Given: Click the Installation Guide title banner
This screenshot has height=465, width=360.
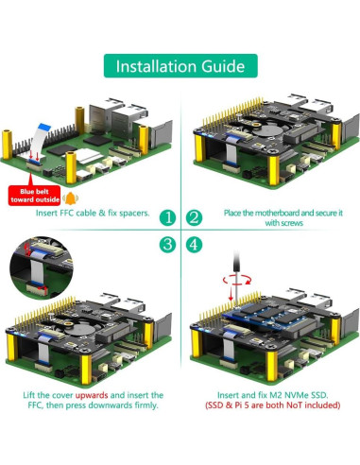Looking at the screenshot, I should point(180,67).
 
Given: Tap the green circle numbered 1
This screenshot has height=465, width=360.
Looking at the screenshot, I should point(166,217).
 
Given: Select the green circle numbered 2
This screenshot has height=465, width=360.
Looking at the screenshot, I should point(194,217).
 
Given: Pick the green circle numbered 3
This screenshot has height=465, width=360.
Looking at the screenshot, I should point(166,244).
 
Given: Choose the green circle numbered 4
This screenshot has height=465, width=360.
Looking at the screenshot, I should point(194,244).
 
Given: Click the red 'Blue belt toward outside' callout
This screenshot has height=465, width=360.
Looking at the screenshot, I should point(34,194).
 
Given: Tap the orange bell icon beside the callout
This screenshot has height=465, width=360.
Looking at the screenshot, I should point(70,198).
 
